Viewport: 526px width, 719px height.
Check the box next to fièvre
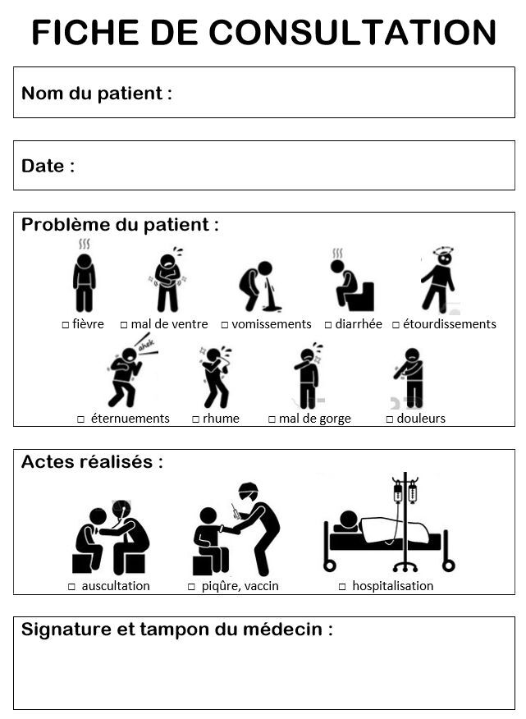point(65,325)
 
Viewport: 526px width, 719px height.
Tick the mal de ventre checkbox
point(123,325)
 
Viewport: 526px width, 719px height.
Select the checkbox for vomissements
point(224,325)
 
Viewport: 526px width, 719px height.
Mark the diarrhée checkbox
point(328,325)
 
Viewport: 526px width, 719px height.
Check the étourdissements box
point(396,325)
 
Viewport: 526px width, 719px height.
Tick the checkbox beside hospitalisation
point(342,587)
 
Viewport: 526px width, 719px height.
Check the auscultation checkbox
point(71,587)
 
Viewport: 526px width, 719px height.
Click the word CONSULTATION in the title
point(352,33)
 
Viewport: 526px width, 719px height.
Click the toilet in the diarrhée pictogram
point(361,296)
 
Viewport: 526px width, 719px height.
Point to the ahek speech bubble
point(147,344)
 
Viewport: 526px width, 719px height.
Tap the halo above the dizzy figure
point(443,251)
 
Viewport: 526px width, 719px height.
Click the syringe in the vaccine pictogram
point(236,511)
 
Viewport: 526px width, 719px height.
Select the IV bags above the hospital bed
point(405,491)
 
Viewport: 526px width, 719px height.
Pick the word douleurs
point(421,419)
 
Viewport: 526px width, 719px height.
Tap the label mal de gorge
point(314,419)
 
